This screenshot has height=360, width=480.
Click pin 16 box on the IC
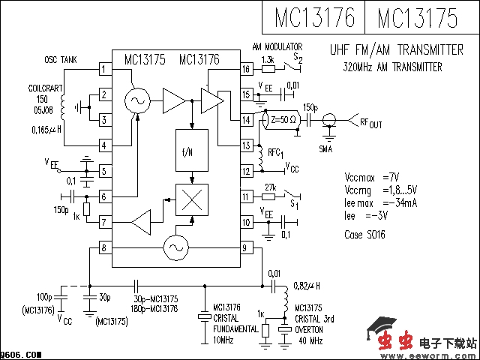tap(245, 70)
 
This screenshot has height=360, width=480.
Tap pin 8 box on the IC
tap(105, 247)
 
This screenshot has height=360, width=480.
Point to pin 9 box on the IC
tap(245, 247)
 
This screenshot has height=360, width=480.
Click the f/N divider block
tap(192, 151)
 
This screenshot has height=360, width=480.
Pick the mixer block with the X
tap(192, 199)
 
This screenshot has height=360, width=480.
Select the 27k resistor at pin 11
tap(269, 196)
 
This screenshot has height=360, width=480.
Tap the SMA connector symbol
tap(328, 121)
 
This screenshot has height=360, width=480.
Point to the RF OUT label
tap(370, 122)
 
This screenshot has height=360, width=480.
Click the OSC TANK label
tap(60, 60)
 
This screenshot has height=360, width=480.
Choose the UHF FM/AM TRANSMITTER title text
tap(396, 50)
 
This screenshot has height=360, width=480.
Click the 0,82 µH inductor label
tap(306, 286)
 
